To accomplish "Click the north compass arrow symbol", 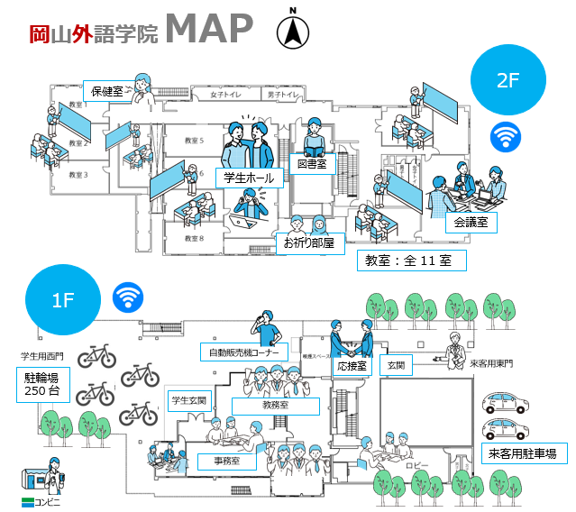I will point(292,32).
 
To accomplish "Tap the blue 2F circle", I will point(508,80).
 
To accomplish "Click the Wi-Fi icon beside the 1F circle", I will point(128,297).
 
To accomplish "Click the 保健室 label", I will point(109,91).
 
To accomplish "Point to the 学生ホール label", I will point(250,178).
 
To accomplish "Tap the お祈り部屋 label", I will point(309,242).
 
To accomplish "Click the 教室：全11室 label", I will point(415,261).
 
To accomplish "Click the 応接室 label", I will point(353,367).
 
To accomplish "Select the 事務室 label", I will point(227,462).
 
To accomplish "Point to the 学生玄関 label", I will point(189,399).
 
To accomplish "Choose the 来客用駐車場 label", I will point(522,453).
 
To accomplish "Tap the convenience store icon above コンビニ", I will point(39,476).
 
